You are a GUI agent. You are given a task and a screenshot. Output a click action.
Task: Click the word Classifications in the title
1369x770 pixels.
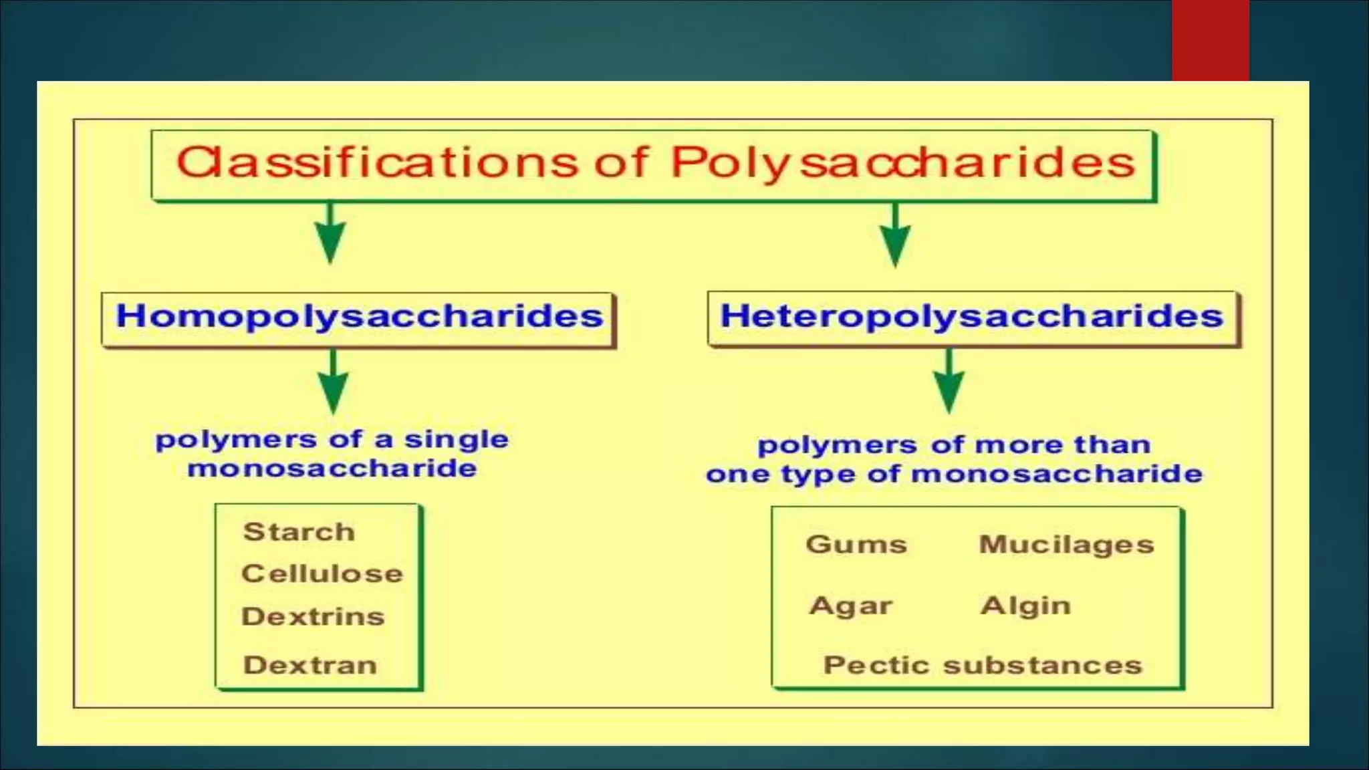[377, 162]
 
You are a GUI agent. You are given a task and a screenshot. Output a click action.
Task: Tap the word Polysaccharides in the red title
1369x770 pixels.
[902, 162]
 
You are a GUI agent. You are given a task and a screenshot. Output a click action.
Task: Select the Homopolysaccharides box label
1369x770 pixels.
[360, 316]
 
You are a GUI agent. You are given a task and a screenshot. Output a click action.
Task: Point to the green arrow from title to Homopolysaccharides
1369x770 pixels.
[330, 234]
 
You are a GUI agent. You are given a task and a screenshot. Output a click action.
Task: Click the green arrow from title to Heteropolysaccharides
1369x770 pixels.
[895, 235]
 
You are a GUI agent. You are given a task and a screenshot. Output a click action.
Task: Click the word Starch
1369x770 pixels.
[299, 532]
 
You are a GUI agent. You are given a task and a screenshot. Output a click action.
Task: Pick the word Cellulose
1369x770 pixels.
[322, 573]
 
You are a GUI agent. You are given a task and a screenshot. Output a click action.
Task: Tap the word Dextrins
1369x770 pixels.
[313, 616]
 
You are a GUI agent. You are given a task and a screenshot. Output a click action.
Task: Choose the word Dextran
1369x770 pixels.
[310, 665]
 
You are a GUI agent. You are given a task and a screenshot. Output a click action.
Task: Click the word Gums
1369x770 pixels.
[856, 544]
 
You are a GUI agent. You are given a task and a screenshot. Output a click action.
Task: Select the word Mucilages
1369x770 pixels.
[1066, 545]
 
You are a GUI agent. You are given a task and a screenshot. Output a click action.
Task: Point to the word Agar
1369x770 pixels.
[850, 606]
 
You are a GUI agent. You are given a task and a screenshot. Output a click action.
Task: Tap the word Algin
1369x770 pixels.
[1025, 606]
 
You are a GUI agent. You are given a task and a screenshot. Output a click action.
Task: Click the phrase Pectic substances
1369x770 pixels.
[983, 665]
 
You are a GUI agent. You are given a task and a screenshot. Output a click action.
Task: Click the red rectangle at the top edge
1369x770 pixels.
[1210, 40]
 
